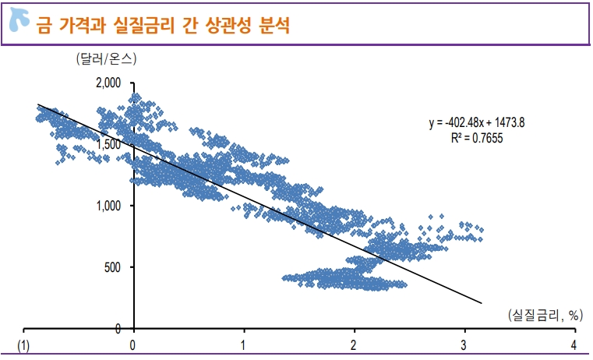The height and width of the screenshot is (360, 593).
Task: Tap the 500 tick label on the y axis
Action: [x=112, y=267]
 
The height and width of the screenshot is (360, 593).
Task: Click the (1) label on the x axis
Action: [x=25, y=344]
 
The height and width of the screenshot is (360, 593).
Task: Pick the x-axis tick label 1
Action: [x=244, y=344]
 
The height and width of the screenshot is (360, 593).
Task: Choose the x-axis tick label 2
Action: [x=354, y=344]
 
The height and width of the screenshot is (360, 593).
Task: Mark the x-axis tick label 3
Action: [x=464, y=344]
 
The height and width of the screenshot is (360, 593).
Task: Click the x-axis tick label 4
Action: [x=574, y=344]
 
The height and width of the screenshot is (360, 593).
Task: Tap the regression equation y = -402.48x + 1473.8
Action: [x=476, y=122]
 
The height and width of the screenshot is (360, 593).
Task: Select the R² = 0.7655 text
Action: [x=476, y=139]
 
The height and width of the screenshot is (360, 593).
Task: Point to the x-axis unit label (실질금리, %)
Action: [x=544, y=315]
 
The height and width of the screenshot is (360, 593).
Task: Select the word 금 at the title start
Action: [x=44, y=26]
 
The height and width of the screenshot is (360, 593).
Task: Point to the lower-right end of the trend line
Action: [x=482, y=303]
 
